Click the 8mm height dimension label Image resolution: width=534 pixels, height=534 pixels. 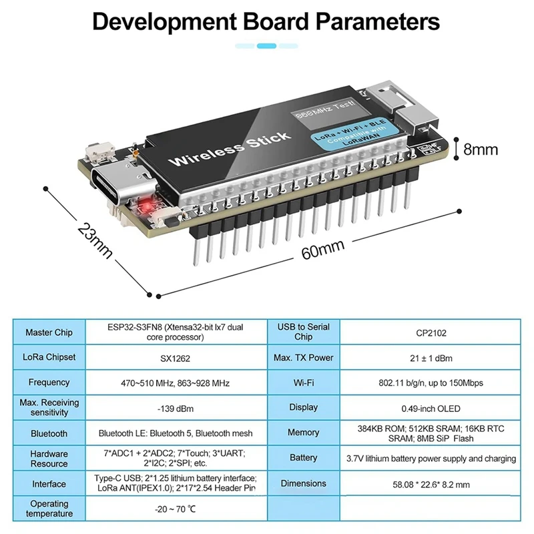(481, 150)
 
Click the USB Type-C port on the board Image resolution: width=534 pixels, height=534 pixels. (109, 188)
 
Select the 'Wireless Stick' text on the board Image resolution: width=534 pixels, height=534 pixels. (229, 149)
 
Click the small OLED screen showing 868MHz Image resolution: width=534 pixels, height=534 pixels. (322, 115)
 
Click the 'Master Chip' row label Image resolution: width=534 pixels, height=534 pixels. (49, 332)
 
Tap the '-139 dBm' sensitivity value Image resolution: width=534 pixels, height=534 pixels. (176, 408)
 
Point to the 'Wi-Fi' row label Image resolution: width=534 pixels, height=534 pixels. (303, 383)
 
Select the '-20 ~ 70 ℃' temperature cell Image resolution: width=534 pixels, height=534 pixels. (176, 509)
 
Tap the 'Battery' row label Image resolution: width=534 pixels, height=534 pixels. (303, 458)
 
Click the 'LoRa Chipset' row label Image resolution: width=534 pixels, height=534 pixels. (49, 358)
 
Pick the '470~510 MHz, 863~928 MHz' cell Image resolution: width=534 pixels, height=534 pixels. (176, 383)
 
